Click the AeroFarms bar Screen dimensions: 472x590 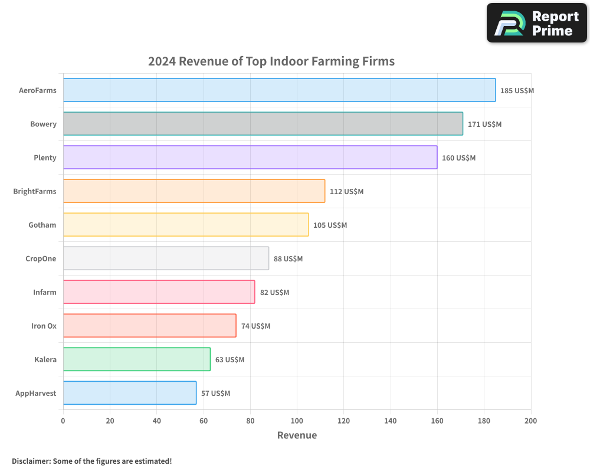(279, 90)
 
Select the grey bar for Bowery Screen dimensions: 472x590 (263, 124)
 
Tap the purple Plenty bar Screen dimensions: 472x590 (250, 158)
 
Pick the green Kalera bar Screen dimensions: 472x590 (137, 359)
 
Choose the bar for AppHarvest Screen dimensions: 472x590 (130, 393)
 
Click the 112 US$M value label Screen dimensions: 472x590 (347, 192)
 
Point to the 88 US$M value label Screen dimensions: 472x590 (288, 259)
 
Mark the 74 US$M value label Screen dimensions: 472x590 (255, 326)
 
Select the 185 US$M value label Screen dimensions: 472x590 (517, 91)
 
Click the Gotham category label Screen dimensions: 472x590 (42, 225)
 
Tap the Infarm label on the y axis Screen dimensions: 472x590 (45, 293)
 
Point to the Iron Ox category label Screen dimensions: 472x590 (44, 326)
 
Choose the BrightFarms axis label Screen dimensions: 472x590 (35, 192)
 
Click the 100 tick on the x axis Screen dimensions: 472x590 (297, 421)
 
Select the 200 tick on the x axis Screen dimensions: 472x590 (530, 421)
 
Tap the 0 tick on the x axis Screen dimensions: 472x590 (63, 421)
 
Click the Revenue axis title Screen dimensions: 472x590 (297, 435)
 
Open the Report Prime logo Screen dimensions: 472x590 (536, 23)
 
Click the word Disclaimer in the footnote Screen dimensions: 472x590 (31, 461)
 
